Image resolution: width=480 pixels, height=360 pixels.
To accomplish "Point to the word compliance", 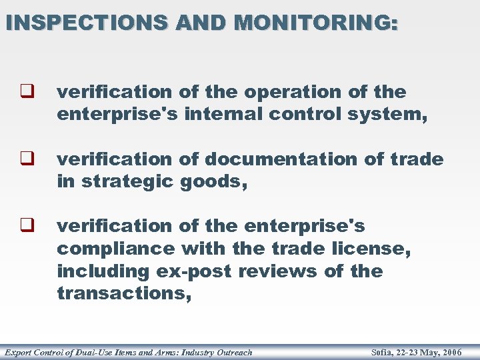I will coord(115,249).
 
